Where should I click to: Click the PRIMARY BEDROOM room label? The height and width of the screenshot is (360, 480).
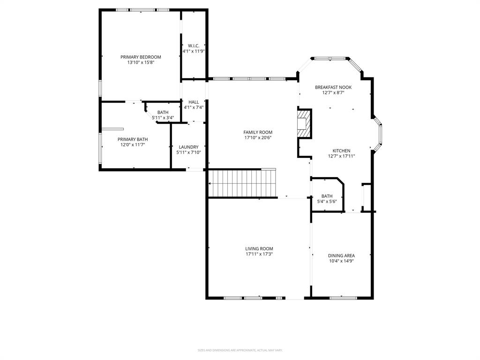(141, 57)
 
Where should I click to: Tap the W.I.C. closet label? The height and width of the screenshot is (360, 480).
(194, 45)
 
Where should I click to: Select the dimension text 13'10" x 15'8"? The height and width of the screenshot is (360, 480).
(141, 62)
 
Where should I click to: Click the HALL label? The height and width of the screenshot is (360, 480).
(194, 102)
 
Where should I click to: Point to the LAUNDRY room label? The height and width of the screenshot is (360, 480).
(188, 147)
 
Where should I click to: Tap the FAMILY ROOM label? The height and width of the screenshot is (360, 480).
(258, 132)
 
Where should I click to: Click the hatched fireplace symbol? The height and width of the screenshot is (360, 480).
(304, 124)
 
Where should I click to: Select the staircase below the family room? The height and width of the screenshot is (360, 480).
(242, 183)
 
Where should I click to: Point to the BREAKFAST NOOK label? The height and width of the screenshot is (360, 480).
(333, 87)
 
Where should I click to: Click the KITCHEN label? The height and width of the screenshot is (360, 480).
(341, 150)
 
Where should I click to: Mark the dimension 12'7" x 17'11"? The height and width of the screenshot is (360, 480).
(341, 156)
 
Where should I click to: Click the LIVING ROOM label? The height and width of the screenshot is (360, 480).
(259, 248)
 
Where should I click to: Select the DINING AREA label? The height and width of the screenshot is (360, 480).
(341, 255)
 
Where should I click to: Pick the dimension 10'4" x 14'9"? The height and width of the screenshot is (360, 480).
(341, 261)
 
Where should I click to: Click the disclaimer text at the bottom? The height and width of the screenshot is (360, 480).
(240, 350)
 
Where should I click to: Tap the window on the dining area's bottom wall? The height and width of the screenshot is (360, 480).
(343, 297)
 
